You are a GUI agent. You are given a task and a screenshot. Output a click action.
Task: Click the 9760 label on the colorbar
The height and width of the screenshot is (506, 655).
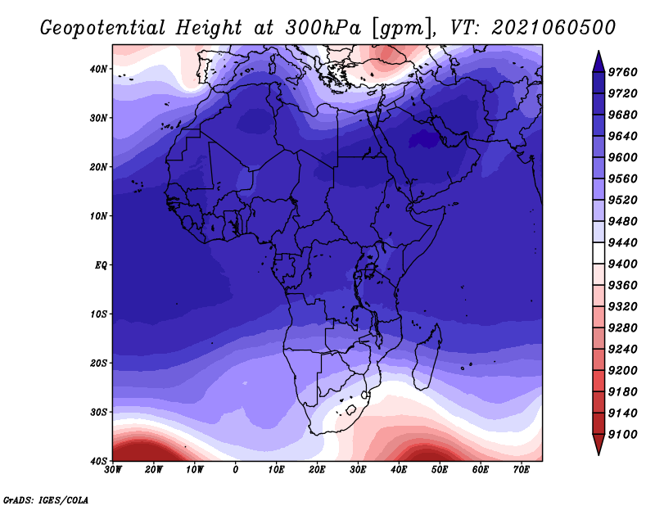coord(622,72)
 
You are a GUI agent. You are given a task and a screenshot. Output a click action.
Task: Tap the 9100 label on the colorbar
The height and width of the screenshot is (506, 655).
coord(622,435)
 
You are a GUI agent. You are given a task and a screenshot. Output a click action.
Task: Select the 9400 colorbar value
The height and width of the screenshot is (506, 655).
coord(622,264)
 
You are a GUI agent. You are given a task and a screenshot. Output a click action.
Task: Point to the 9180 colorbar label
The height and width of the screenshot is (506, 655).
coord(622,392)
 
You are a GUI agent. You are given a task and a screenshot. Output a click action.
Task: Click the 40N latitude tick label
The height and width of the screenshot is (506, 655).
coord(98,69)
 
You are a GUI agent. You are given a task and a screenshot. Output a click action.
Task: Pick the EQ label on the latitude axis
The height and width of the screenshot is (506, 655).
coord(101,265)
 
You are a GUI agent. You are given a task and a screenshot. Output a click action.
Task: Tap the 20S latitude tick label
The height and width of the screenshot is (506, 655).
coord(98,363)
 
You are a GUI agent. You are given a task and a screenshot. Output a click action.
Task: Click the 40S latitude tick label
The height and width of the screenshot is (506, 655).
coord(98,461)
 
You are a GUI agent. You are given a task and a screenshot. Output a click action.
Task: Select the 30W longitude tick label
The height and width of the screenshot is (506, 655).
coord(113,470)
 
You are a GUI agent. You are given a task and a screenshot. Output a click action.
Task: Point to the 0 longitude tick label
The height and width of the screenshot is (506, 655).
coord(236,470)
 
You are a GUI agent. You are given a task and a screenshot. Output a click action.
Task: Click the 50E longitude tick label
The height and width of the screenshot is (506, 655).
coord(440,470)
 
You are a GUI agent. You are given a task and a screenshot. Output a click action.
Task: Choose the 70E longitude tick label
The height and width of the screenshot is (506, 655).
coord(522,470)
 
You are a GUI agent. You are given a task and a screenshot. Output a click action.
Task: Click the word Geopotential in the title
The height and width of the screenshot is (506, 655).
coord(103,29)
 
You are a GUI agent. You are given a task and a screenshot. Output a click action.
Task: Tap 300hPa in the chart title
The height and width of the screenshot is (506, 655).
coord(323,28)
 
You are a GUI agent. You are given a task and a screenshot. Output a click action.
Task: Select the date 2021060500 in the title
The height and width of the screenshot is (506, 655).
coord(553,28)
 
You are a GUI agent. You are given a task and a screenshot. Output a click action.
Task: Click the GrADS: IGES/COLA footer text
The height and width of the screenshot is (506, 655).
coord(46,500)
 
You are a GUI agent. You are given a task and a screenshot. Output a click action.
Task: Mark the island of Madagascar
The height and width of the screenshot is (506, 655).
coord(427,356)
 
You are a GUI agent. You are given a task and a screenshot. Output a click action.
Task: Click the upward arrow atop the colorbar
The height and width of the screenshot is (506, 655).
coord(599,61)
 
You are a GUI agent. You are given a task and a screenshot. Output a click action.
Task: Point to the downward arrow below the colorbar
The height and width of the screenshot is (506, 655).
coord(599,445)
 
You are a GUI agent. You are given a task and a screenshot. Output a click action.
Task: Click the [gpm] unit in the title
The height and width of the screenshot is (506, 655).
coord(403,29)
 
